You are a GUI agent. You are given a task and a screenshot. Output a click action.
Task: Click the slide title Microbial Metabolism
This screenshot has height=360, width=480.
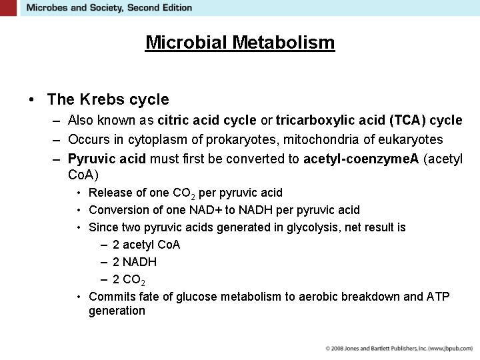(240, 43)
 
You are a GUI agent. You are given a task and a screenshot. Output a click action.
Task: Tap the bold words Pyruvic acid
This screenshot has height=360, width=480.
(107, 159)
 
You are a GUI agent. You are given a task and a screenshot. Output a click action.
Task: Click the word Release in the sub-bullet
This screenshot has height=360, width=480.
(109, 193)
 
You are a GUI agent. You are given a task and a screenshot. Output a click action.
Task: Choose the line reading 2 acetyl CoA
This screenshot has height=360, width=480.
(146, 245)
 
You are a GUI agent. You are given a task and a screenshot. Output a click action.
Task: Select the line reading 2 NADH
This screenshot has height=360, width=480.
(135, 262)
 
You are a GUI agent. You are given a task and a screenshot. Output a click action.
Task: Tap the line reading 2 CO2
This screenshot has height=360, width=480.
(129, 280)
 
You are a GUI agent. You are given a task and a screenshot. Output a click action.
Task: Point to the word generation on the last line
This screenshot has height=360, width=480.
(117, 311)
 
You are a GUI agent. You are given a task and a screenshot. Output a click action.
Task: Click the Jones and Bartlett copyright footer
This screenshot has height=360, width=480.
(399, 349)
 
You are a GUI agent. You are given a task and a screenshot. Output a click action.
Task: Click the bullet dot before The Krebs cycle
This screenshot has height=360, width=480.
(32, 100)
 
